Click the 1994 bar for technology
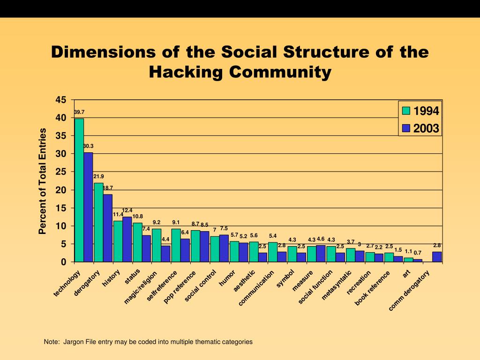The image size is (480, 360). [x=79, y=190]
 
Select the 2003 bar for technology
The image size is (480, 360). [x=88, y=207]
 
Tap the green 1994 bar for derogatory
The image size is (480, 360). [x=98, y=222]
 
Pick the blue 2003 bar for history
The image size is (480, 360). [x=127, y=239]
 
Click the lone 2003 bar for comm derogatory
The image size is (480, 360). [x=437, y=257]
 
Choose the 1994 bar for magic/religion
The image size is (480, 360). [x=157, y=245]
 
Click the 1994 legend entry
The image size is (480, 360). [x=420, y=111]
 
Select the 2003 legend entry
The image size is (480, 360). [x=420, y=128]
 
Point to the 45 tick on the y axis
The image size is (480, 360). [x=61, y=100]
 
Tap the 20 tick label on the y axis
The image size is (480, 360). [x=61, y=190]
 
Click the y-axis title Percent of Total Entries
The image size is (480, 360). [x=43, y=181]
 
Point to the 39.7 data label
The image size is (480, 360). [x=79, y=112]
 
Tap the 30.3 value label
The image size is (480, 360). [x=88, y=146]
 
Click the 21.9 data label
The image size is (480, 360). [x=98, y=176]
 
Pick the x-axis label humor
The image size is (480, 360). [x=228, y=278]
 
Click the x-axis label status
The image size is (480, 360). [x=133, y=277]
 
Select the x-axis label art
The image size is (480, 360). [x=406, y=274]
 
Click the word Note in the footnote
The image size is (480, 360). [x=51, y=342]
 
